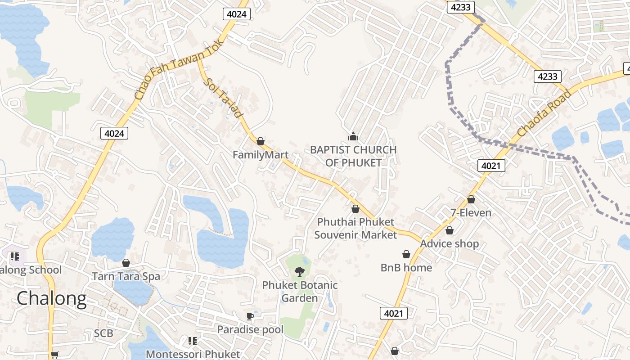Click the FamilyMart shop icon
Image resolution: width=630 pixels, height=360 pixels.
pos(260,141)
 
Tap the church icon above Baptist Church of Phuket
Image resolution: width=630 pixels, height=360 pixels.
pos(353,135)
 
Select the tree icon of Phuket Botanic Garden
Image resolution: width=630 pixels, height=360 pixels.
pos(299,271)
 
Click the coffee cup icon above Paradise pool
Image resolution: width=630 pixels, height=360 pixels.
pos(250,316)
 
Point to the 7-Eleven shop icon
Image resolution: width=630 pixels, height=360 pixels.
pos(471,199)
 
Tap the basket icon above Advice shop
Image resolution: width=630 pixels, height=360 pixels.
pos(449,230)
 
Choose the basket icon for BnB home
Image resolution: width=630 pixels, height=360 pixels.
pos(406,254)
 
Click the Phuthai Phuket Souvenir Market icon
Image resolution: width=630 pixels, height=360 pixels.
pos(355,209)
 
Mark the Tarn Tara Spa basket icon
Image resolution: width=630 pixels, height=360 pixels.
pos(126,262)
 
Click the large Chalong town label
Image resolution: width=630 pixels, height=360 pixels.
pos(51,299)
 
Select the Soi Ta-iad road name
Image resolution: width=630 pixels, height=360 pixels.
pos(222,98)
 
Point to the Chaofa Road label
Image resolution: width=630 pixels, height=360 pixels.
pos(544,113)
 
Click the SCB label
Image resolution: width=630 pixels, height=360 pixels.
pos(103,333)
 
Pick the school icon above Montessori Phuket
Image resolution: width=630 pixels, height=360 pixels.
pos(193,341)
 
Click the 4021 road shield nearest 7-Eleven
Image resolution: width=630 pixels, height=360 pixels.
pos(491,166)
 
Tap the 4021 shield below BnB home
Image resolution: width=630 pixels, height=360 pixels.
pos(394,313)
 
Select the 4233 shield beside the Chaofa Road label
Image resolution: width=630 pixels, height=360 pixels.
pos(548,76)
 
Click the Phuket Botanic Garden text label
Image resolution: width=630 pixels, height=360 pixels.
pos(300,292)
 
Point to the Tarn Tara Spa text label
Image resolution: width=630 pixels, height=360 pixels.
pos(126,276)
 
